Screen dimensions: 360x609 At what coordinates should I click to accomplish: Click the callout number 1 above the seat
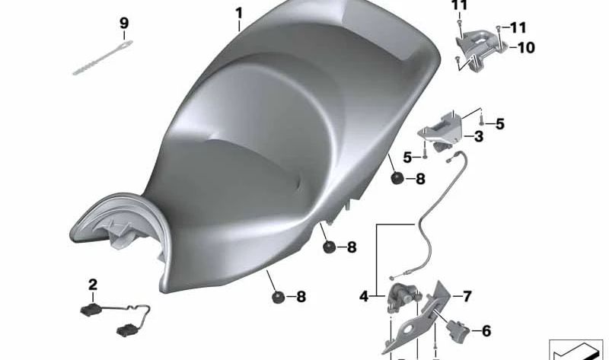pos(239,13)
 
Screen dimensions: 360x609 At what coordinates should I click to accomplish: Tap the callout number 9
pos(124,24)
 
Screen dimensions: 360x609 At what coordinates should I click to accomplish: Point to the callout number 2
pos(93,285)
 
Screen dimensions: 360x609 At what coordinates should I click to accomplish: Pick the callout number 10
pos(526,48)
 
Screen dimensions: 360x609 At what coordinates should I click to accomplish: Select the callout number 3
pos(478,137)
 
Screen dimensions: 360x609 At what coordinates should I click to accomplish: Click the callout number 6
pos(486,330)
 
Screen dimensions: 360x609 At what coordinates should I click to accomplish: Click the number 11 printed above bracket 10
pos(459,6)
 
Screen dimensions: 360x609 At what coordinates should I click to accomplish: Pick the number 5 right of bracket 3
pos(499,123)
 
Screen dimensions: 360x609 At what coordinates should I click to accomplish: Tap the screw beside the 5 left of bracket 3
pos(425,155)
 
